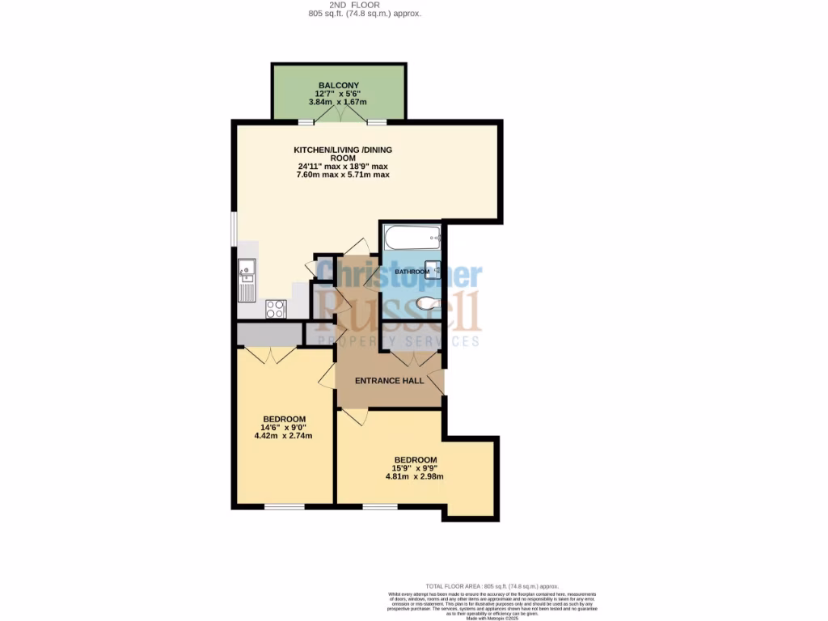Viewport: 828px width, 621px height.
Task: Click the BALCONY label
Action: tap(338, 85)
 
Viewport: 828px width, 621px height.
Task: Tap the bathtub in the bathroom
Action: tap(412, 239)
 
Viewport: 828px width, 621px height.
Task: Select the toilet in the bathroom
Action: tap(427, 303)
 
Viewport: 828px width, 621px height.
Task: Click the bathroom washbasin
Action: tap(433, 270)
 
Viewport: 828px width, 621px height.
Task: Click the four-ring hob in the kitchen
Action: tap(276, 308)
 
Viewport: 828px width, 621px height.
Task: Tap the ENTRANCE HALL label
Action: tap(390, 380)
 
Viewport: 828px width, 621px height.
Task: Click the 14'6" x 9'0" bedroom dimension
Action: tap(283, 427)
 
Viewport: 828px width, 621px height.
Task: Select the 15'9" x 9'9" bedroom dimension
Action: tap(415, 468)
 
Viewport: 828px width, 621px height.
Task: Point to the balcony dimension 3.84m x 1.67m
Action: tap(338, 103)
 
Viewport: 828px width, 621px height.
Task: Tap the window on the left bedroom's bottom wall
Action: tap(284, 507)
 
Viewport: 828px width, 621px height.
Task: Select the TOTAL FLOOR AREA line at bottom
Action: tap(492, 586)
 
